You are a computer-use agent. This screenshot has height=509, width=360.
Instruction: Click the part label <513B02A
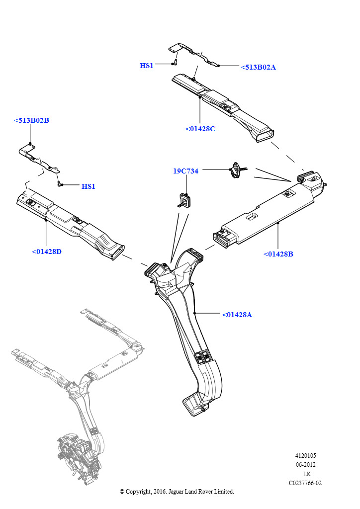click(258, 67)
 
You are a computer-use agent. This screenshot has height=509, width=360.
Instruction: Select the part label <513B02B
click(31, 120)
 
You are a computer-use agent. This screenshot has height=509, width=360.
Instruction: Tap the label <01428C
click(200, 129)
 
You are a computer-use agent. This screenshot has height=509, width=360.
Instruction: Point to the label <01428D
click(47, 252)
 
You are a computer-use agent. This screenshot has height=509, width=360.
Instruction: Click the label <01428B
click(278, 254)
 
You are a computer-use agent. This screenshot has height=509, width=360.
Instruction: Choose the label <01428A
click(237, 315)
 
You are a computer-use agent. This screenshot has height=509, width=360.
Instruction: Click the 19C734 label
click(185, 171)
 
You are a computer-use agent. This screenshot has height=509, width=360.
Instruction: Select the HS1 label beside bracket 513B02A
click(147, 66)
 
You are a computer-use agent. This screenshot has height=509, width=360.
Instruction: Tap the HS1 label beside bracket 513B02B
click(88, 186)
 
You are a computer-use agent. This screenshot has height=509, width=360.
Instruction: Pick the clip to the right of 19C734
click(236, 169)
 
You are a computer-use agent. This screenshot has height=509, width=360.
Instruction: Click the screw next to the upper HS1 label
click(176, 62)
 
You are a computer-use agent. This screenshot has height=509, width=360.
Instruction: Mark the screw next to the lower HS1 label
click(61, 184)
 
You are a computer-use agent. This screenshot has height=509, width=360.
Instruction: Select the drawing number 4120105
click(305, 455)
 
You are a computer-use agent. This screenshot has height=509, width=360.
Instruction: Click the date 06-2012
click(305, 465)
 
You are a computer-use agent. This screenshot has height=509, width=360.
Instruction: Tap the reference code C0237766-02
click(305, 483)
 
